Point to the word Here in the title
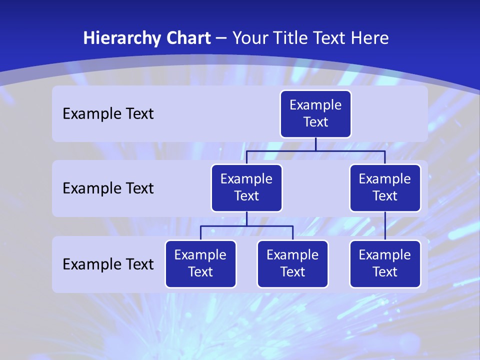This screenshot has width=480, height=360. tap(369, 38)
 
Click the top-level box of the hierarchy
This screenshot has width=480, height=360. tap(315, 113)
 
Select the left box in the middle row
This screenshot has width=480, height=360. tap(246, 187)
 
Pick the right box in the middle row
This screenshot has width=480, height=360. tap(385, 187)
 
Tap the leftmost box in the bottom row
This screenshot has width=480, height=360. tap(200, 263)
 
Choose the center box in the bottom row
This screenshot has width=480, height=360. tap(292, 263)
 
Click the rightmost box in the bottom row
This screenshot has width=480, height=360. tap(385, 263)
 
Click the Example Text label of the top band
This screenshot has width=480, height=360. tap(108, 114)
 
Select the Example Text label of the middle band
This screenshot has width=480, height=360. tap(108, 188)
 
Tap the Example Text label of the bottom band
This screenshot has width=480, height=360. tap(108, 264)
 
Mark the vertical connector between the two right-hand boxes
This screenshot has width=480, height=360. tap(385, 226)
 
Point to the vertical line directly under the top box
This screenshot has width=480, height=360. tap(315, 144)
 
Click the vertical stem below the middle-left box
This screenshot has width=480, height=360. tap(246, 219)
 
